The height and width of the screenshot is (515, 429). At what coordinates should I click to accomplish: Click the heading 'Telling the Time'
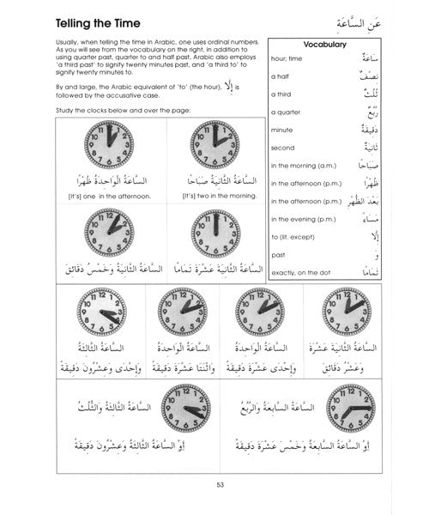point(82,18)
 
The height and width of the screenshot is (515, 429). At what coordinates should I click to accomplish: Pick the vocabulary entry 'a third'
point(281,99)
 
